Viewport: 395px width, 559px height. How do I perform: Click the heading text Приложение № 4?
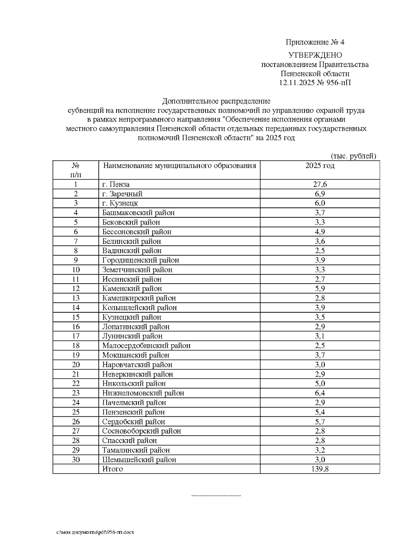(x=315, y=42)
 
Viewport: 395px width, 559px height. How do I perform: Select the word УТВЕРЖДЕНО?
(x=315, y=55)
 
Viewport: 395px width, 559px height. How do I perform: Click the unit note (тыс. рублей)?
(x=353, y=156)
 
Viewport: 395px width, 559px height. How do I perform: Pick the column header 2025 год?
(x=320, y=166)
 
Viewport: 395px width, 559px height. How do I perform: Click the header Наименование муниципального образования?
(x=179, y=166)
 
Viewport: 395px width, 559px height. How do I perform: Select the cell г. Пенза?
(x=116, y=184)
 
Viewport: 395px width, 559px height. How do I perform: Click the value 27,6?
(x=320, y=184)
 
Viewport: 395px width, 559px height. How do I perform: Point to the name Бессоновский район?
(x=137, y=232)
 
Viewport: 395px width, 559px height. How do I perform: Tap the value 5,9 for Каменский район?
(x=320, y=289)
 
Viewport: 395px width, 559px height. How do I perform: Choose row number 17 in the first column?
(x=76, y=336)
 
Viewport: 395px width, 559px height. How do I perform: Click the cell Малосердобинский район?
(x=146, y=346)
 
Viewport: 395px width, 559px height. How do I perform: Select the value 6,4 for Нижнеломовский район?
(x=320, y=393)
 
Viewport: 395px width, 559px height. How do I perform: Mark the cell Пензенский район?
(x=133, y=412)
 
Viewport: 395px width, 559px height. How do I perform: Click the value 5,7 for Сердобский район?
(x=320, y=422)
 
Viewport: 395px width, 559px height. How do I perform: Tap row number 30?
(x=76, y=460)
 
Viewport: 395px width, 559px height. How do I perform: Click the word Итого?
(x=112, y=469)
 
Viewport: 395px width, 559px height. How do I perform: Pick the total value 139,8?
(x=320, y=469)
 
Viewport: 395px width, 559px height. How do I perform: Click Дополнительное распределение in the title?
(x=216, y=101)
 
